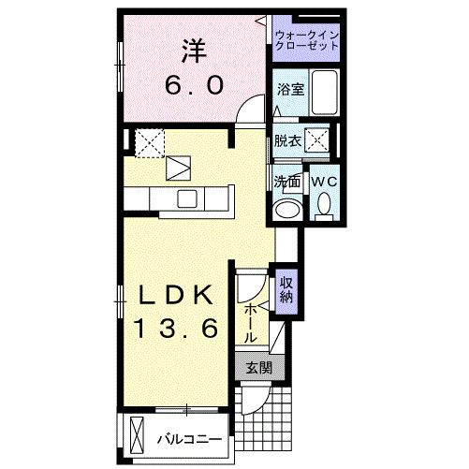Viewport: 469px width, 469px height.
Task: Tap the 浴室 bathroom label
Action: (x=289, y=91)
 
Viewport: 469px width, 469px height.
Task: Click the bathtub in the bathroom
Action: (x=324, y=93)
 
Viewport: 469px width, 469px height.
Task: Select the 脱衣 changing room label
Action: (x=286, y=142)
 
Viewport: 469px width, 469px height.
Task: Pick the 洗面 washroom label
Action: (x=286, y=181)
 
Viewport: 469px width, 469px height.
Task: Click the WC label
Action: (x=325, y=181)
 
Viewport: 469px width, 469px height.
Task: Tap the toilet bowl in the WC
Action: (x=324, y=204)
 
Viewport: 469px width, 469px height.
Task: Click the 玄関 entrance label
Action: (x=259, y=369)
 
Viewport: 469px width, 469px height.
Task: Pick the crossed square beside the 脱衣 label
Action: (x=318, y=141)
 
